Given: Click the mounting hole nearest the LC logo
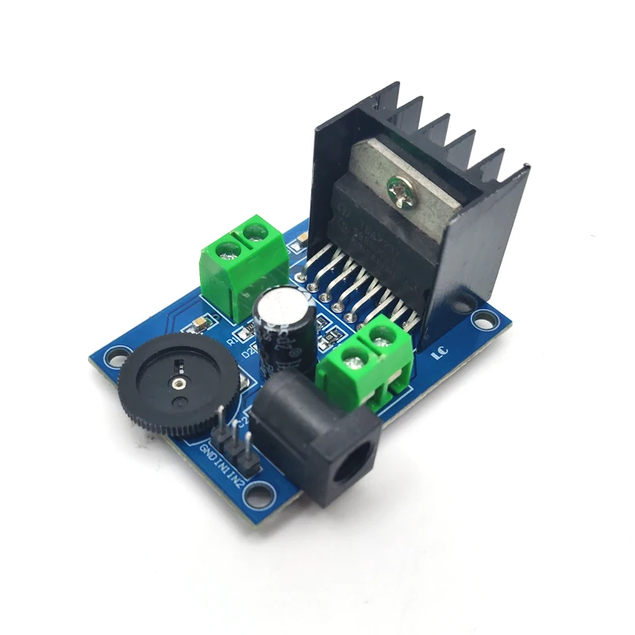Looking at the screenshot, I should [482, 321].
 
